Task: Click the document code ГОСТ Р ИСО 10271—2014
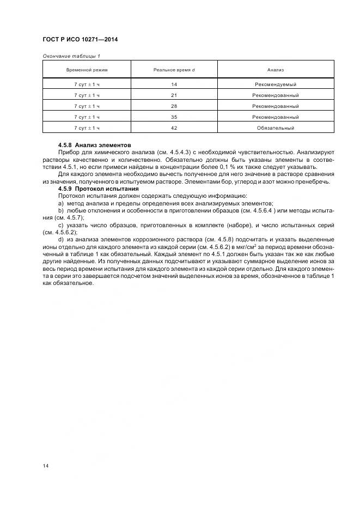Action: [x=80, y=40]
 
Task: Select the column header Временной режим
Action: [x=87, y=70]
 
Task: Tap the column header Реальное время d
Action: [x=174, y=70]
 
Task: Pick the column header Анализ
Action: [x=275, y=70]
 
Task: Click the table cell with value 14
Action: [x=174, y=84]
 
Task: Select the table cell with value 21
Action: [x=174, y=95]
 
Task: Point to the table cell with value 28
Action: [x=174, y=106]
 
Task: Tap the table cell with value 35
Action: [x=174, y=117]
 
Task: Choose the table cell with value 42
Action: [x=174, y=128]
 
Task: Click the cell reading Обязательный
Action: [x=275, y=128]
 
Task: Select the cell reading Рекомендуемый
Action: [x=275, y=84]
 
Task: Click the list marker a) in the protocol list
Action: [x=60, y=203]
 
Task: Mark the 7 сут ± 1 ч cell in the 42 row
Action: [x=87, y=128]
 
